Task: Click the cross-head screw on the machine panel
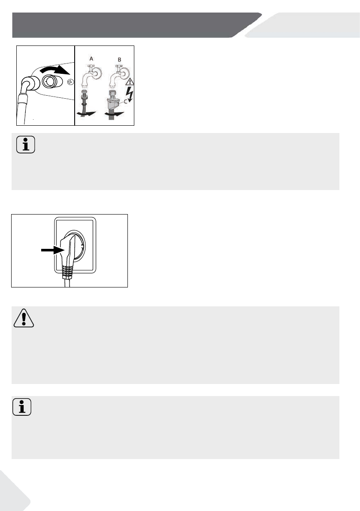point(70,82)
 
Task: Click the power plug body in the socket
point(69,251)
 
